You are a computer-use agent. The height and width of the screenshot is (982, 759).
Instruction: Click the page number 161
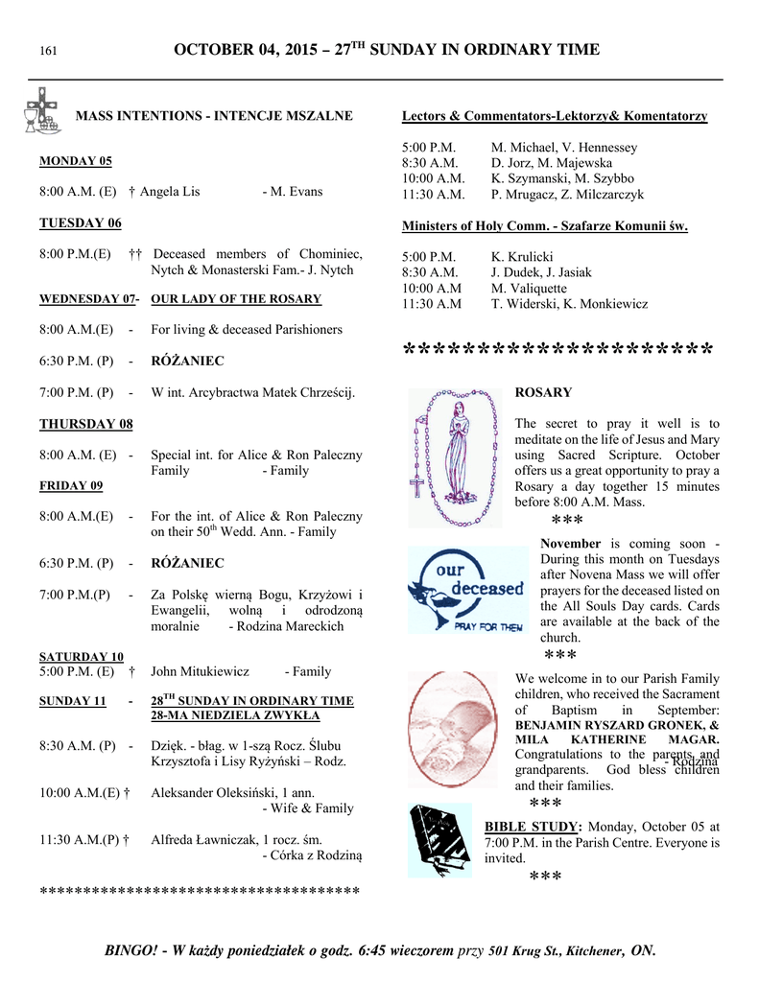pos(47,51)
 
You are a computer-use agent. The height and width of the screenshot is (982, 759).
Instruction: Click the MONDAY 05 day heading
pos(75,161)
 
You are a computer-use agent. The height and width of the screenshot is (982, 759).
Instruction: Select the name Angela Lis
pos(170,192)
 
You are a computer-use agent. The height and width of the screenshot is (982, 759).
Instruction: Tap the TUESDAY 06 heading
pos(80,223)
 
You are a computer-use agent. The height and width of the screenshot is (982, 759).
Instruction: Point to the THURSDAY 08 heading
pos(85,424)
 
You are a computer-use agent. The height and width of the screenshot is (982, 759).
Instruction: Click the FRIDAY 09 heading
pos(70,486)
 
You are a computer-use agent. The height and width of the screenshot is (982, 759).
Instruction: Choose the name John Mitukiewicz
pos(200,671)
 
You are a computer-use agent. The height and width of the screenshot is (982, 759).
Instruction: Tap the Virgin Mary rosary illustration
pos(456,456)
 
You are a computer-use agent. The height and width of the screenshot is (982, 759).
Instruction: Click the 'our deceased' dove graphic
pos(466,589)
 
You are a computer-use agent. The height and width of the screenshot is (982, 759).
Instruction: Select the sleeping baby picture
pos(456,728)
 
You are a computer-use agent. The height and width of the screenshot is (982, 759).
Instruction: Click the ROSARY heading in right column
pos(543,392)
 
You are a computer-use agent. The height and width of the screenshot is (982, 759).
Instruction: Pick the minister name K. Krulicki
pos(522,257)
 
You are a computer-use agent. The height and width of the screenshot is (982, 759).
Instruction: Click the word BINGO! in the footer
pos(130,950)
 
